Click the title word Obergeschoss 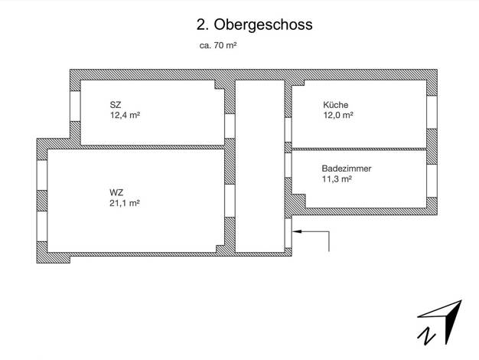[263, 25]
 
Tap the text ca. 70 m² [218, 45]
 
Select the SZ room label [116, 105]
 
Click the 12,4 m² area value [125, 116]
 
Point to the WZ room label [116, 193]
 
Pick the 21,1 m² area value [125, 203]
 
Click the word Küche [335, 105]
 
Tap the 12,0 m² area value [338, 115]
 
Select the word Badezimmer [347, 169]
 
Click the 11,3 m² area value [337, 179]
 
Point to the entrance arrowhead [297, 231]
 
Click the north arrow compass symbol [439, 322]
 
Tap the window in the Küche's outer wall [432, 113]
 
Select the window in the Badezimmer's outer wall [432, 181]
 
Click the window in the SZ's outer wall [75, 106]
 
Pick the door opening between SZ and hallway [230, 126]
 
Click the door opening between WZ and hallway [230, 201]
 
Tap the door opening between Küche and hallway [288, 130]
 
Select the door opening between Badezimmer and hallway [288, 165]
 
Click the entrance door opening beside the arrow [288, 233]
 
